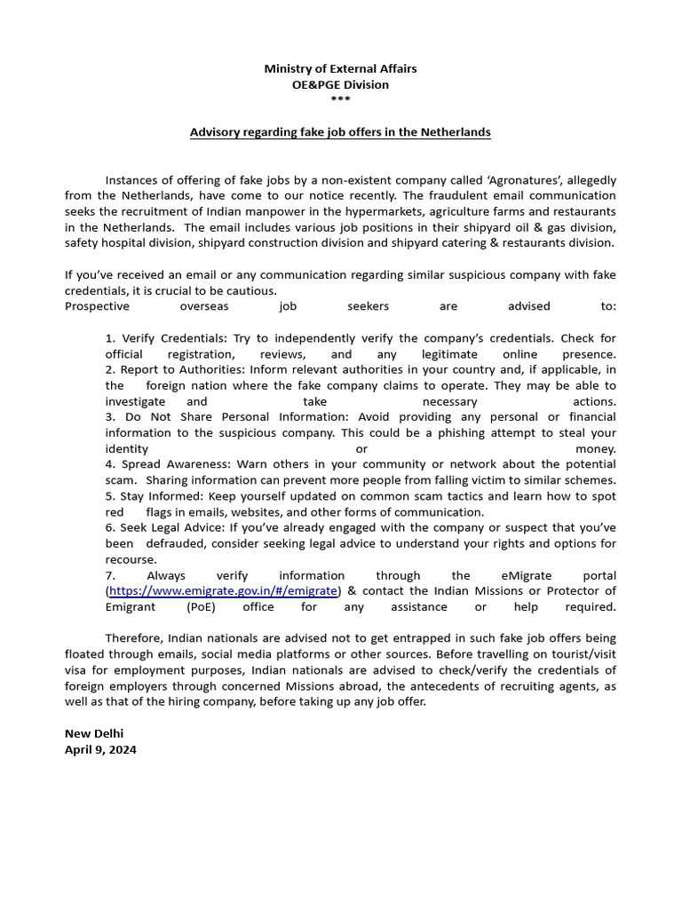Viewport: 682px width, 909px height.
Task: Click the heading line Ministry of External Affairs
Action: (340, 68)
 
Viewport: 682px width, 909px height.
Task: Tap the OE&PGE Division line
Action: (340, 84)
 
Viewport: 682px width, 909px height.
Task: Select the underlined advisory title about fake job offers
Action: (340, 132)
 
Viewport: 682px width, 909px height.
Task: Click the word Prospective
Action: (97, 306)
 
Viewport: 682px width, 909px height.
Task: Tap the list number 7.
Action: (110, 575)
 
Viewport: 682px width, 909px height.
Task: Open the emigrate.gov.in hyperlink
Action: (223, 591)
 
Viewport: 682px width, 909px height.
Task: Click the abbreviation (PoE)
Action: (199, 607)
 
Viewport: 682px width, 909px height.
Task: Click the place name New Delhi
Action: (94, 733)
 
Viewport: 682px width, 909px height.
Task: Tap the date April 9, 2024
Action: (100, 749)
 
